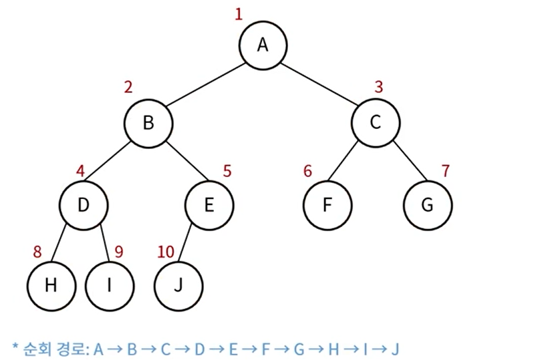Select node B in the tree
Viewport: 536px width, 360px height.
[148, 122]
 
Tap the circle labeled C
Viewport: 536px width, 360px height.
[376, 122]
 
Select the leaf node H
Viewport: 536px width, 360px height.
[51, 285]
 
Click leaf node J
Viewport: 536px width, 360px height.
[178, 285]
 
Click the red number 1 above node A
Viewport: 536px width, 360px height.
[239, 14]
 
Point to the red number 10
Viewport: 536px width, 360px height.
[166, 252]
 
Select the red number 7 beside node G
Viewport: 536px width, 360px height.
[445, 170]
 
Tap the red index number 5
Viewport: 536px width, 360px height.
[227, 170]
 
